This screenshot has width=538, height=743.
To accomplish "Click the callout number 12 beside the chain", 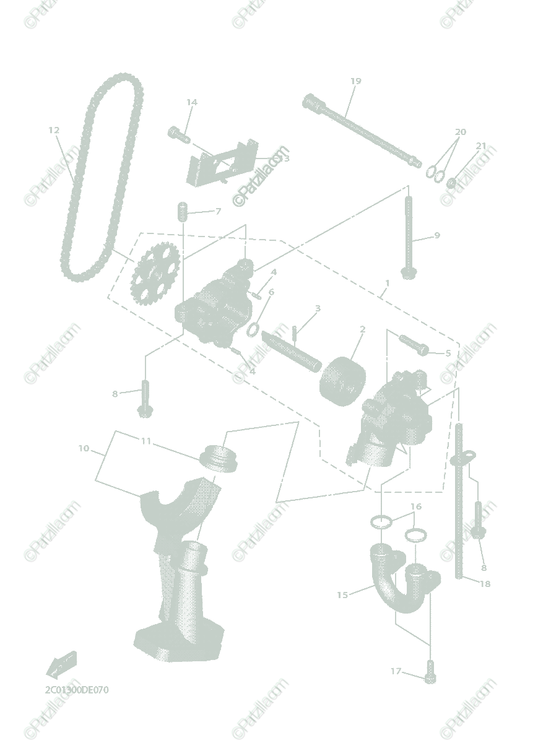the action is click(54, 130).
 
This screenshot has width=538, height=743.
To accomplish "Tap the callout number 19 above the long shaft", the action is click(355, 81).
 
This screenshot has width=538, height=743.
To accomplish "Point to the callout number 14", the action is click(191, 102).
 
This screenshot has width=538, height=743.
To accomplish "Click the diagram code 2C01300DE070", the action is click(77, 689).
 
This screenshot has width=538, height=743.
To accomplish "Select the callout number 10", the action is click(84, 448).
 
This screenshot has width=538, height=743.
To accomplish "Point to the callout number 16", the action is click(416, 506).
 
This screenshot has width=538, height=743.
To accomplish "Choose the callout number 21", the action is click(481, 146).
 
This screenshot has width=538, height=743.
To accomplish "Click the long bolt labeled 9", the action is click(408, 238).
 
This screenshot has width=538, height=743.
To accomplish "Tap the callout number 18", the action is click(485, 584).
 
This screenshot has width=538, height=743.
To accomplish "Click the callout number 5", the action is click(448, 353).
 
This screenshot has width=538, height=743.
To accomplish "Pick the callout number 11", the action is click(146, 441).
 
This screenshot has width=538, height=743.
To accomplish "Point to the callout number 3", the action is click(318, 308).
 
